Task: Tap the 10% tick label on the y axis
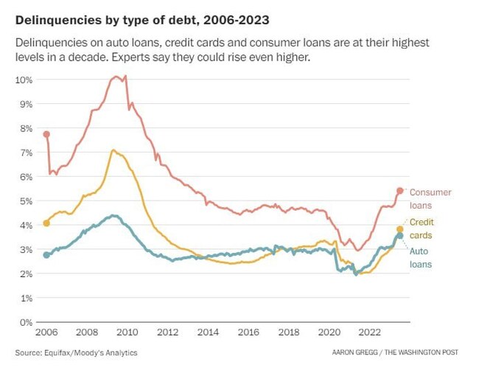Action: click(24, 79)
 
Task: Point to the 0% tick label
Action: click(27, 322)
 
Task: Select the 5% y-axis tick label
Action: click(27, 200)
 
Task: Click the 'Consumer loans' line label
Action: click(430, 199)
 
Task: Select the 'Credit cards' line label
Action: click(421, 228)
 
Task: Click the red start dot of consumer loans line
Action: click(46, 134)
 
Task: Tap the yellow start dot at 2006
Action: click(46, 223)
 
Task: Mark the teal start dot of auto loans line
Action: click(46, 255)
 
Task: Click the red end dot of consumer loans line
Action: click(400, 191)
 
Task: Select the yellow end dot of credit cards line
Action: click(400, 229)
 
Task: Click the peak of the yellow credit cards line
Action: click(113, 150)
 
